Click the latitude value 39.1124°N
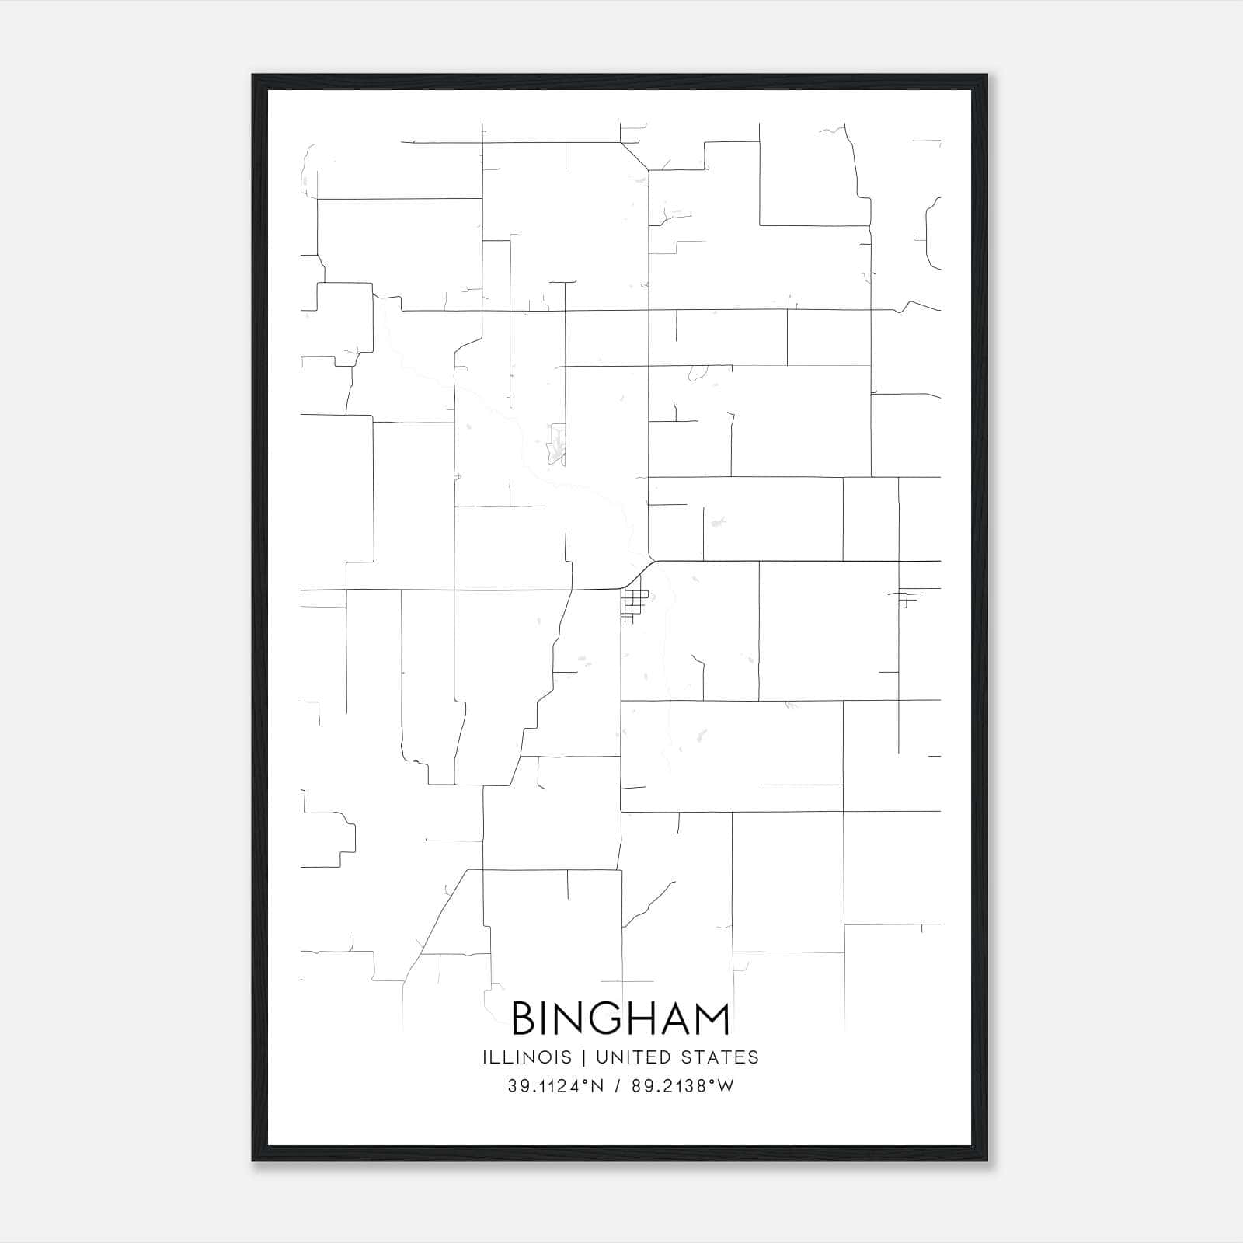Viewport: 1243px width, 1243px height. click(x=555, y=1086)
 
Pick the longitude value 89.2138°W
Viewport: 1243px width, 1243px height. click(x=681, y=1086)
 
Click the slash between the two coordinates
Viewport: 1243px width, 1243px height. click(x=618, y=1086)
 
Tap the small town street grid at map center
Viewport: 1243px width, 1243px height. click(x=635, y=604)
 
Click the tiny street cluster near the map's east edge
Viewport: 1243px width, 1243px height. click(x=905, y=600)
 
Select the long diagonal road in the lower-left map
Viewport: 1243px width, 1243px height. click(x=439, y=917)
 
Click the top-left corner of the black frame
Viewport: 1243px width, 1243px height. click(x=253, y=75)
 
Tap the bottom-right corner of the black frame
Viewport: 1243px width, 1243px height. click(x=987, y=1161)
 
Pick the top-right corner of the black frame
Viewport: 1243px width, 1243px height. click(x=987, y=75)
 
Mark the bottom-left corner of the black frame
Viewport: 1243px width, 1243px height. click(x=253, y=1161)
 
